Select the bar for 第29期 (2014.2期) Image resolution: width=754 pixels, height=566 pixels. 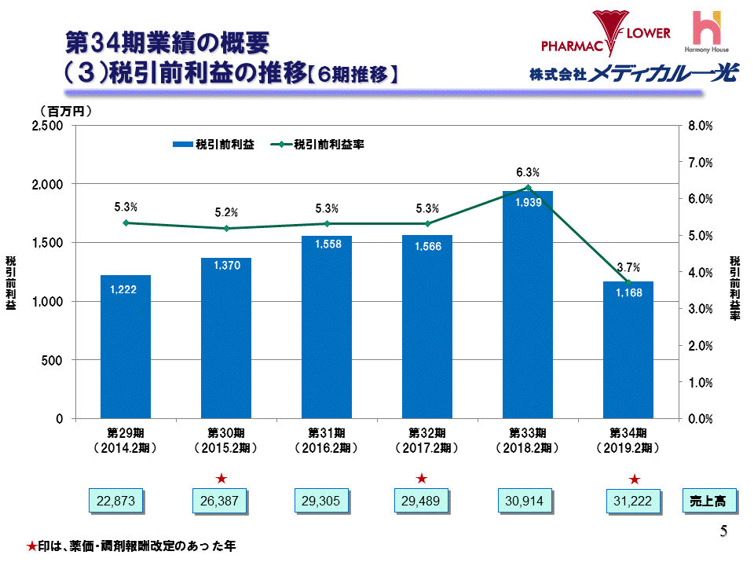tap(126, 347)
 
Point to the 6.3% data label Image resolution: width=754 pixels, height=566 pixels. tap(527, 172)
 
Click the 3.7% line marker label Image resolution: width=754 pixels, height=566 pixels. tap(628, 267)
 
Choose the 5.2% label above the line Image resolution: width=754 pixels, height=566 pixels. tap(226, 212)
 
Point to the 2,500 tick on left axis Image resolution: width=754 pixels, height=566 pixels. tap(49, 126)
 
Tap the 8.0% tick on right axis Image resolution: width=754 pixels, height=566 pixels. tap(699, 126)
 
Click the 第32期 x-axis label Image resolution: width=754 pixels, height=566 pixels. tap(426, 433)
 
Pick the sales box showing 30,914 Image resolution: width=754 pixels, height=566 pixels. tap(527, 501)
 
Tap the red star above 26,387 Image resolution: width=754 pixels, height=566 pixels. tap(221, 477)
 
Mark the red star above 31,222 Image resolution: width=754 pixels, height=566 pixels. tap(635, 477)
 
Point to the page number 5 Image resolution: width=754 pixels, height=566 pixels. tap(723, 531)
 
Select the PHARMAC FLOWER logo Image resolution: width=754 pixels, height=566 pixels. tap(606, 31)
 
